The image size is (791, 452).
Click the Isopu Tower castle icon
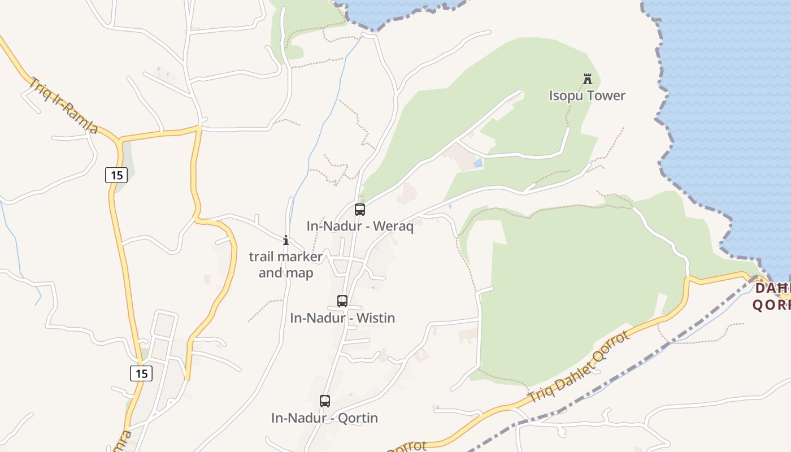tap(588, 79)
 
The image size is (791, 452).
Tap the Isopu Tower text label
tap(587, 95)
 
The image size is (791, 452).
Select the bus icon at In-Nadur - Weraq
tap(360, 210)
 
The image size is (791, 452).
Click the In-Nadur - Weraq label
tap(360, 227)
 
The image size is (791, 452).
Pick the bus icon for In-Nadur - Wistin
tap(342, 301)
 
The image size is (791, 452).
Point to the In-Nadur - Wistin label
tap(342, 318)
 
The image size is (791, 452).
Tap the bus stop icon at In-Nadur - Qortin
tap(325, 401)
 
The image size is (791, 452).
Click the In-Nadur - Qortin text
tap(324, 418)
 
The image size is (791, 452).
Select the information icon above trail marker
tap(286, 241)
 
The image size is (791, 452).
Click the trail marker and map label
tap(286, 264)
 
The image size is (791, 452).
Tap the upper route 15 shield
tap(116, 175)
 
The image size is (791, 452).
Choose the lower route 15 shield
tap(141, 373)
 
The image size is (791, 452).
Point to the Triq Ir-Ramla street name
tap(64, 106)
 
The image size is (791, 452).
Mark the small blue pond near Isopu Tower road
tap(479, 163)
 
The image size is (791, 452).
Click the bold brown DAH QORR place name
tap(772, 297)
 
